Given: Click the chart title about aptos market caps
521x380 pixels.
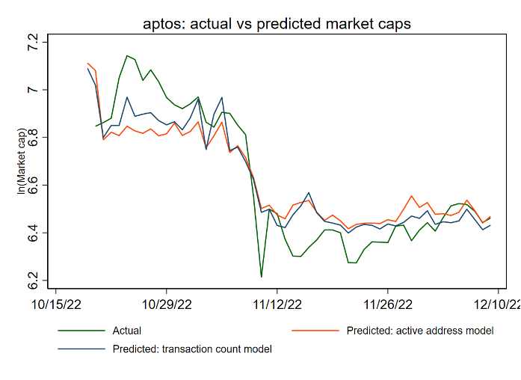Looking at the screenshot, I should point(277,24).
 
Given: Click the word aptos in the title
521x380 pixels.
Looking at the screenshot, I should point(161,25).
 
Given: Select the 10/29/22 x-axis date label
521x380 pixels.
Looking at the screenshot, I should point(167,304).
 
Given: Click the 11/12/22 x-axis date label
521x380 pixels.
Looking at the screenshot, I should point(277,304).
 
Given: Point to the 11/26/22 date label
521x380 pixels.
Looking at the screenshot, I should point(387,304).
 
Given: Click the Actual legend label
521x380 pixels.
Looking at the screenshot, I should point(127,331).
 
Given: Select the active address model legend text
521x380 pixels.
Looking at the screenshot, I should point(420,331).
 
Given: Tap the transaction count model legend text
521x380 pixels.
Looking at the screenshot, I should point(192,349).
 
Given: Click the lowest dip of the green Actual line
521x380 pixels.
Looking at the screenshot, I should point(261,277).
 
